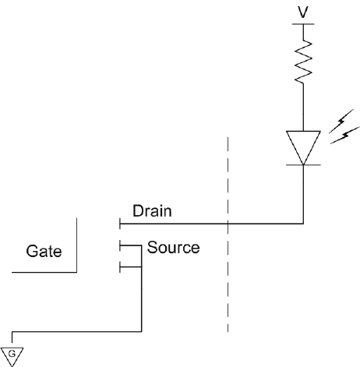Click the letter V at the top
pyautogui.click(x=303, y=12)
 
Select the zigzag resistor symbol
pyautogui.click(x=303, y=62)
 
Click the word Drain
pyautogui.click(x=152, y=210)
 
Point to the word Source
pyautogui.click(x=173, y=247)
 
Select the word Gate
pyautogui.click(x=44, y=251)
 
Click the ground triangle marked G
pyautogui.click(x=12, y=357)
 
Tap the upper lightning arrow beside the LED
pyautogui.click(x=341, y=121)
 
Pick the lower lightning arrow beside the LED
pyautogui.click(x=345, y=135)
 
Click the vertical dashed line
pyautogui.click(x=228, y=235)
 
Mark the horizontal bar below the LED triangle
pyautogui.click(x=303, y=164)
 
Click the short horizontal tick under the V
pyautogui.click(x=303, y=24)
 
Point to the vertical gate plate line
pyautogui.click(x=76, y=245)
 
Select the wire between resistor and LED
pyautogui.click(x=303, y=108)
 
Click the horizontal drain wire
pyautogui.click(x=211, y=223)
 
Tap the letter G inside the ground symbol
pyautogui.click(x=12, y=354)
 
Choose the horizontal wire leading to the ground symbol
pyautogui.click(x=77, y=332)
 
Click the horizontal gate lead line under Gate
pyautogui.click(x=44, y=272)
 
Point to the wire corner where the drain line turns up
pyautogui.click(x=303, y=223)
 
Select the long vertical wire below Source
pyautogui.click(x=142, y=288)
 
